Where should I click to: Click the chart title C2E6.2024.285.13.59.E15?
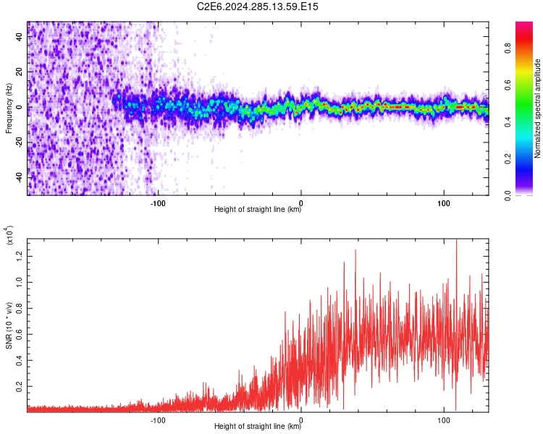tap(258, 7)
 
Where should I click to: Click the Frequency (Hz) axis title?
tap(9, 108)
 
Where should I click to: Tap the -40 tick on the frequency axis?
tap(18, 177)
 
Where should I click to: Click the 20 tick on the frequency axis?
tap(20, 72)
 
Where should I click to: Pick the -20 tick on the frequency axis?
tap(18, 142)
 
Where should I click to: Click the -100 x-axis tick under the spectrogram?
tap(158, 203)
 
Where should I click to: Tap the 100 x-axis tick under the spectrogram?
tap(443, 203)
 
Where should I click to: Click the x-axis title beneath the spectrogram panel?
tap(258, 210)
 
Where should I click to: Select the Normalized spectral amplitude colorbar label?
tap(538, 109)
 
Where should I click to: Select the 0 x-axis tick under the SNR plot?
tap(301, 420)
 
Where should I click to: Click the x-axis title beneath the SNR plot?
tap(258, 427)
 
